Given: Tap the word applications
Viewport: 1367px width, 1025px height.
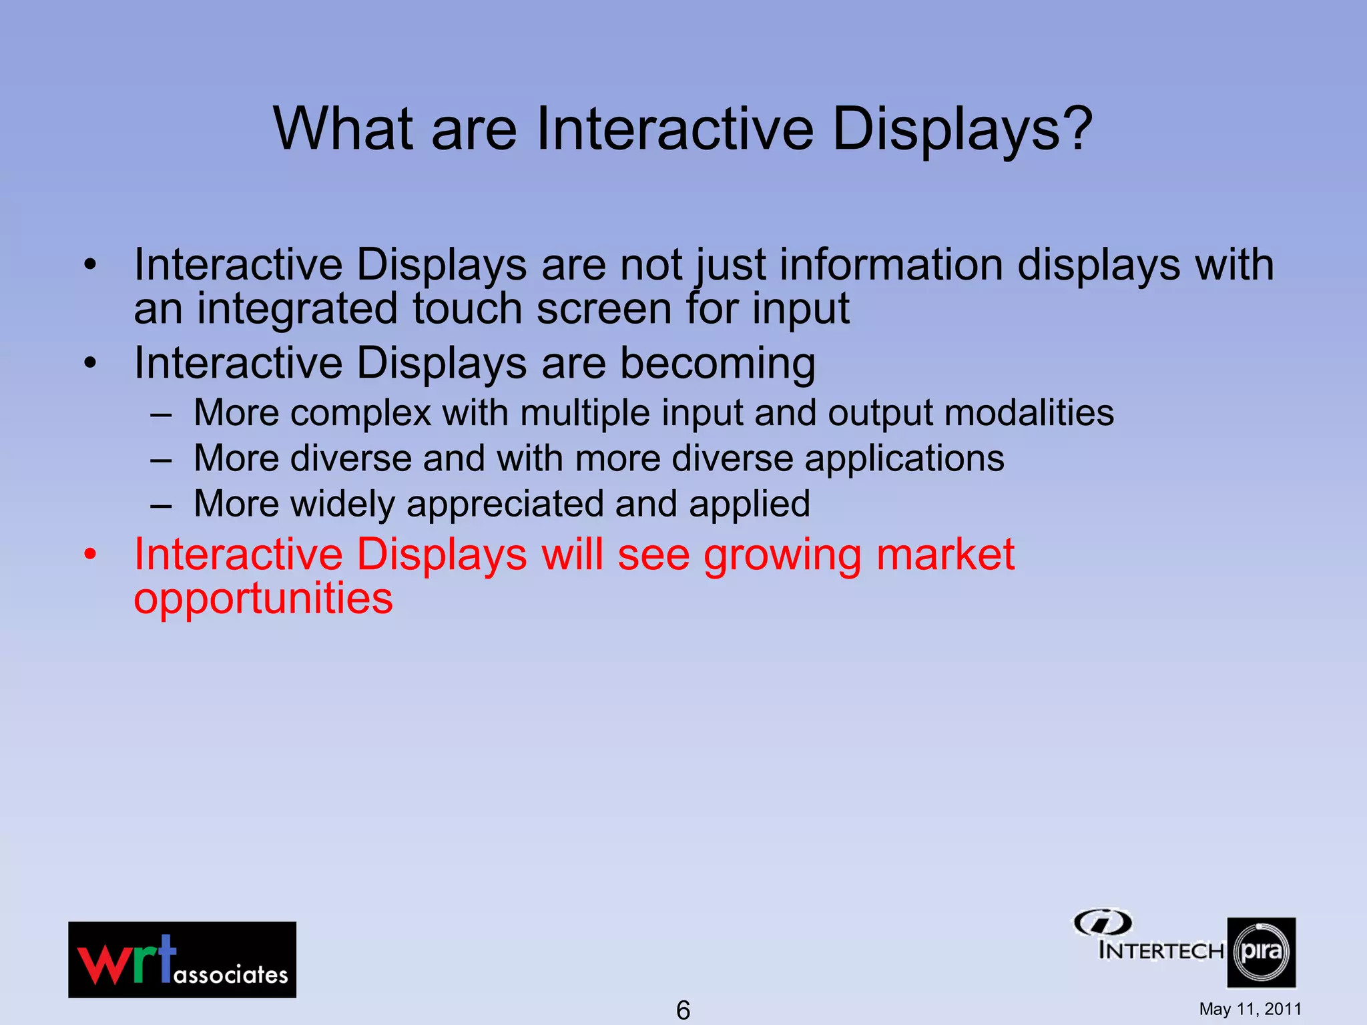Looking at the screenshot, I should point(904,459).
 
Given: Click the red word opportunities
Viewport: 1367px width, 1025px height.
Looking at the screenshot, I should point(263,599).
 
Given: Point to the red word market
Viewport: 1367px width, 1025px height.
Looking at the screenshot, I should point(944,555).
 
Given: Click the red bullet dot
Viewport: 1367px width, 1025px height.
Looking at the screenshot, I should point(91,555).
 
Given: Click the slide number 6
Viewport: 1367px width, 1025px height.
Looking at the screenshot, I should point(683,1010).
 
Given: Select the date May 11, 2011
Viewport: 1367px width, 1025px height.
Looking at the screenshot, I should point(1250,1009).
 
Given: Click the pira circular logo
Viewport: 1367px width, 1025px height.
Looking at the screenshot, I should point(1261,952).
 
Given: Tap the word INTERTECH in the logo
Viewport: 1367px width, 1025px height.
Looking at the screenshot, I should point(1161,950).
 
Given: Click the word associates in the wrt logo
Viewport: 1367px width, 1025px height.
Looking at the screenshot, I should point(230,975).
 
